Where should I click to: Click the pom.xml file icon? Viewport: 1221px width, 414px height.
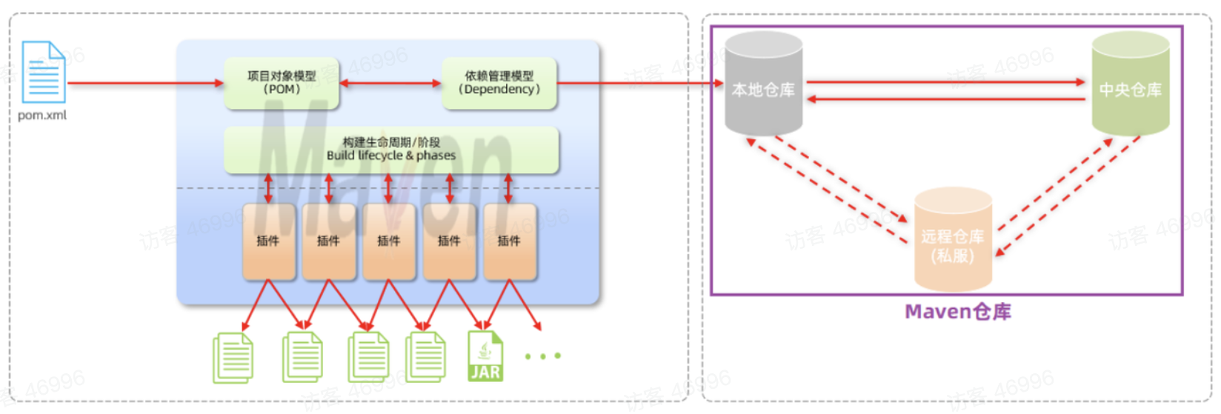click(x=44, y=72)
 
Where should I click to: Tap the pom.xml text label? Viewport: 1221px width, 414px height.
click(x=42, y=116)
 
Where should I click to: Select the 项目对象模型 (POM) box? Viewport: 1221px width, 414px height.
click(x=282, y=83)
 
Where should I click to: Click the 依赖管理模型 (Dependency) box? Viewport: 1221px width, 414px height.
click(x=499, y=83)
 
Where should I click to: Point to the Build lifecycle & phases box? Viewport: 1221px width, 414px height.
click(x=391, y=149)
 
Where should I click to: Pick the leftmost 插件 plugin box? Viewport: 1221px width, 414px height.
click(x=268, y=241)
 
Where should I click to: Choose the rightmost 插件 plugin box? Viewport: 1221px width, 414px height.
click(x=509, y=241)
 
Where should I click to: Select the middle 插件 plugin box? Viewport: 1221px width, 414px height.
click(x=389, y=241)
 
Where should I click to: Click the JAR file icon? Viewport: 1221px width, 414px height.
click(x=485, y=356)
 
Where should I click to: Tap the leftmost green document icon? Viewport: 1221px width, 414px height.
click(x=233, y=358)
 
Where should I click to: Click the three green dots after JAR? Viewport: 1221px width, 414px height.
click(x=542, y=356)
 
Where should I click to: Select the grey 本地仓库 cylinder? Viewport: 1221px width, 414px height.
click(x=763, y=84)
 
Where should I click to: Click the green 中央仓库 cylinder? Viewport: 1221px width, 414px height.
click(x=1130, y=84)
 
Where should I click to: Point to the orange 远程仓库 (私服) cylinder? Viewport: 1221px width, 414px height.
click(x=953, y=239)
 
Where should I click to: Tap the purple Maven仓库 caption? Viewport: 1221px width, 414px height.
click(x=957, y=312)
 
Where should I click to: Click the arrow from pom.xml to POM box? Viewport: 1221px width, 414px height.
click(x=145, y=83)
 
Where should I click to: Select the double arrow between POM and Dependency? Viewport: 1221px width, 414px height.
click(x=390, y=83)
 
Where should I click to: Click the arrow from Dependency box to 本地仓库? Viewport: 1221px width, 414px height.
click(x=640, y=83)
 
